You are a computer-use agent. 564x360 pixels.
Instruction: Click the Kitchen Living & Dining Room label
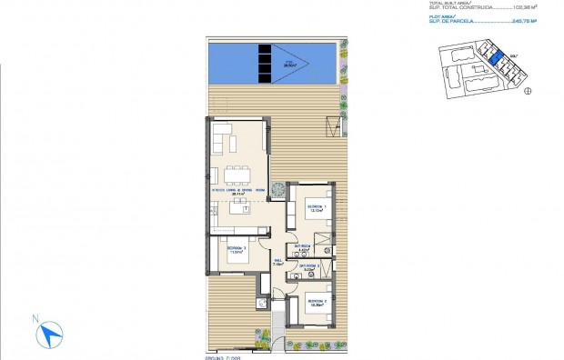click(239, 190)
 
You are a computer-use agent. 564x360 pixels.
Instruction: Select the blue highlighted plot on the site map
click(496, 61)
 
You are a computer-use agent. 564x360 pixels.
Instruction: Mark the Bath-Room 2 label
click(310, 267)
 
